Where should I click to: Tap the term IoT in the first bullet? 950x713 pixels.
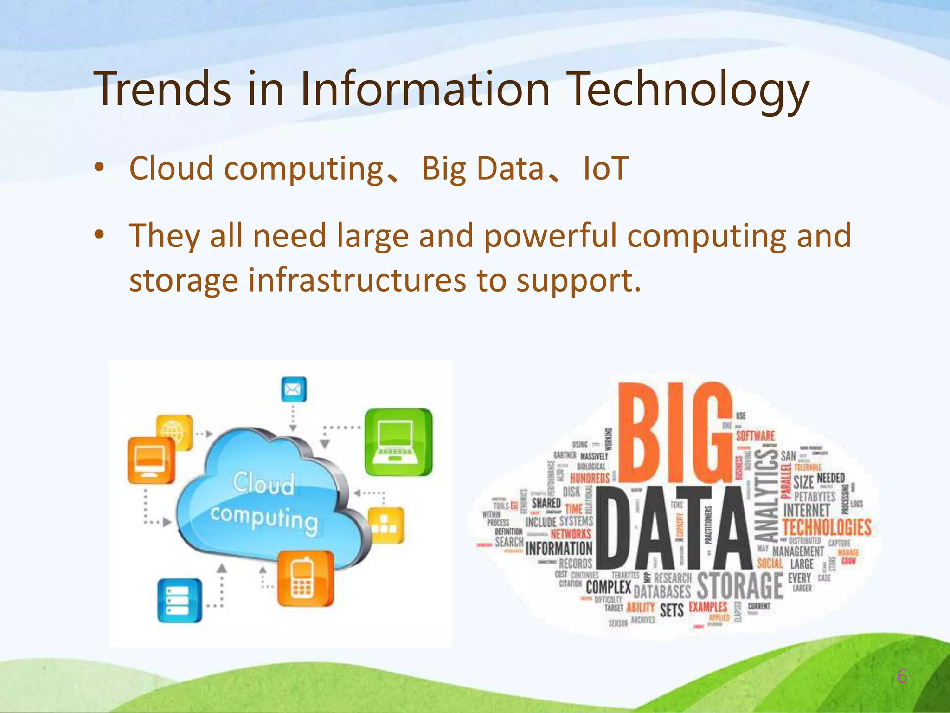[605, 168]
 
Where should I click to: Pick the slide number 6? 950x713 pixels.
[902, 677]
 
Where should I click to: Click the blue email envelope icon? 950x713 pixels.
[294, 389]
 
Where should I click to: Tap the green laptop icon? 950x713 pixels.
[398, 441]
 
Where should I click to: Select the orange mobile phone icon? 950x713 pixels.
[305, 578]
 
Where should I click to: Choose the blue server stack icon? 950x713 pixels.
[180, 600]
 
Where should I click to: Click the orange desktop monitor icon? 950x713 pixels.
[151, 460]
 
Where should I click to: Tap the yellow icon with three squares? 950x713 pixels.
[385, 525]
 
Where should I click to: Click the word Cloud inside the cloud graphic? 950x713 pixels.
[263, 483]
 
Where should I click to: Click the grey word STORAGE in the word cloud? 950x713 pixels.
[740, 586]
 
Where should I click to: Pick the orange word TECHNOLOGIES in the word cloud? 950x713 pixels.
[827, 527]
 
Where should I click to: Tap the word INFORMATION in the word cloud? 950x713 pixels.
[558, 549]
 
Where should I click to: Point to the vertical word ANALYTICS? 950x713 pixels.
[766, 496]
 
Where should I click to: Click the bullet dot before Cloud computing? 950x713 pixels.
[99, 168]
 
